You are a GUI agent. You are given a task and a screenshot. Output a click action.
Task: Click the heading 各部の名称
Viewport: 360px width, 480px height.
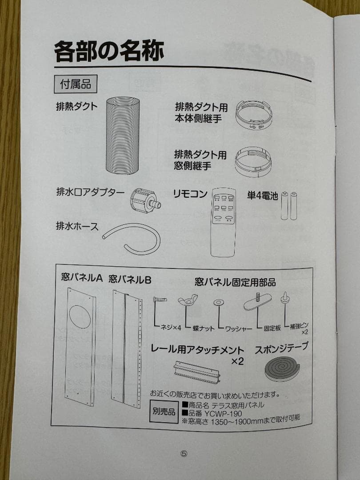click(109, 52)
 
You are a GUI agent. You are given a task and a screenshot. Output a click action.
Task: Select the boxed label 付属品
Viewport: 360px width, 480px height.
click(75, 84)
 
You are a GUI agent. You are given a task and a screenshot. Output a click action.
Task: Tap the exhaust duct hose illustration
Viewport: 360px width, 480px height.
click(123, 135)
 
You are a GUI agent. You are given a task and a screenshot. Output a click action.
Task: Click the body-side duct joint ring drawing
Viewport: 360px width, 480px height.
click(254, 116)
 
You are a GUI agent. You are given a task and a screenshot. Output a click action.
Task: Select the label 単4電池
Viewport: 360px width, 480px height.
click(262, 195)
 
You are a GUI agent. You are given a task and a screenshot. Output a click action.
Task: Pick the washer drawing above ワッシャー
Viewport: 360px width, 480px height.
click(218, 303)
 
